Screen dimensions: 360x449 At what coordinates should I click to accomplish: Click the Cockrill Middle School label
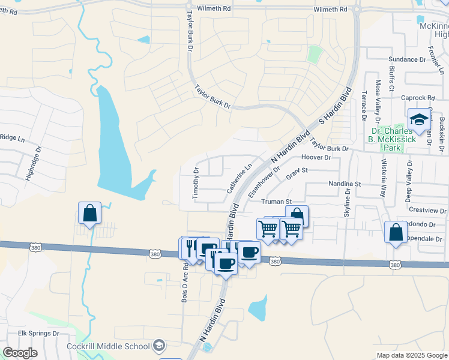coord(116,346)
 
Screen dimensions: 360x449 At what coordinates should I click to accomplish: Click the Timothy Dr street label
coord(196,184)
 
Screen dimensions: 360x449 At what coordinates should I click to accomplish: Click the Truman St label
coord(277,202)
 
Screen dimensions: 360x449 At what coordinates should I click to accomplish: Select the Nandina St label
coord(343,184)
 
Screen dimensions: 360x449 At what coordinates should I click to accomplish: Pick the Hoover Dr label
coord(316,157)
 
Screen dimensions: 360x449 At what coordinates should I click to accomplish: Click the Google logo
coord(20,353)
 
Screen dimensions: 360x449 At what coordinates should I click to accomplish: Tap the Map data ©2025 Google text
coord(411,355)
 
